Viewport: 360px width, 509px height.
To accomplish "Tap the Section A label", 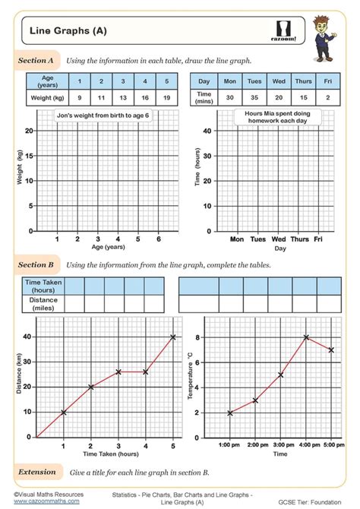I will point(36,59).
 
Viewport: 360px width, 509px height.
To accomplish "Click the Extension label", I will point(37,472).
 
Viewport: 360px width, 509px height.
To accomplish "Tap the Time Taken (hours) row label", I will point(43,286).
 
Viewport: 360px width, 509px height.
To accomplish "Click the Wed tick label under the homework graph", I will point(279,239).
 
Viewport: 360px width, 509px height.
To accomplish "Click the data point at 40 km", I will point(173,337).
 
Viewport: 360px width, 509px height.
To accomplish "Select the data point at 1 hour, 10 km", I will point(64,413).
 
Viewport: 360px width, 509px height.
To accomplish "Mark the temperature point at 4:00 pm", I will point(305,337).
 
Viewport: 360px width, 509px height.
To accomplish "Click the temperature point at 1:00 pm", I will point(229,413).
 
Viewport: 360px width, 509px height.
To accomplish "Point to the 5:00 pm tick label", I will point(331,444).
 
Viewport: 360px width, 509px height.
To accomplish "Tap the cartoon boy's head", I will point(333,26).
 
